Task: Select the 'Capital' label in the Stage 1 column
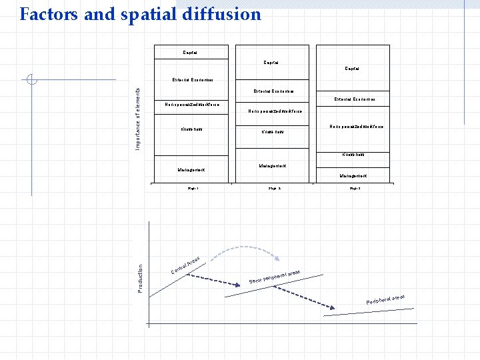pyautogui.click(x=190, y=52)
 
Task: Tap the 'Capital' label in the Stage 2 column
pyautogui.click(x=271, y=63)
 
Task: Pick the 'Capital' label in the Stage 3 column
pyautogui.click(x=353, y=68)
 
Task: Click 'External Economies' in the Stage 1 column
pyautogui.click(x=193, y=80)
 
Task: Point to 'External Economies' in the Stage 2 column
pyautogui.click(x=274, y=91)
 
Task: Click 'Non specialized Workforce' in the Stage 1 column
pyautogui.click(x=192, y=105)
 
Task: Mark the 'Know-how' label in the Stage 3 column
pyautogui.click(x=353, y=155)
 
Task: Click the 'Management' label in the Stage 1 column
pyautogui.click(x=191, y=170)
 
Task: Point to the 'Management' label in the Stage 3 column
pyautogui.click(x=353, y=176)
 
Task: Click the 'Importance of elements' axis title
pyautogui.click(x=138, y=118)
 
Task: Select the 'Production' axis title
pyautogui.click(x=140, y=277)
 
